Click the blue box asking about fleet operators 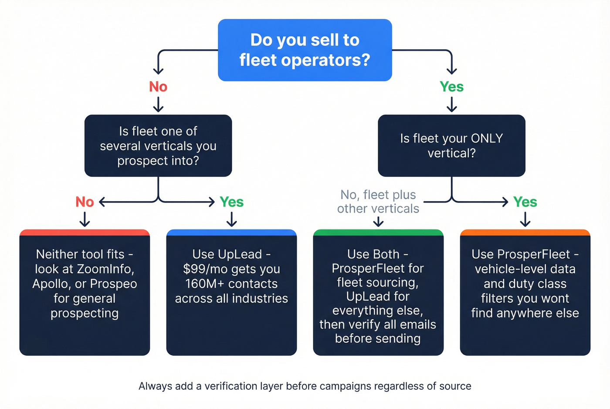pyautogui.click(x=305, y=50)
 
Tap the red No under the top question pyautogui.click(x=158, y=87)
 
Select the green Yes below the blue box pyautogui.click(x=451, y=87)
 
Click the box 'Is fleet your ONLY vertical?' pyautogui.click(x=451, y=145)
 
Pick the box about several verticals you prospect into pyautogui.click(x=158, y=145)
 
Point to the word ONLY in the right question pyautogui.click(x=487, y=139)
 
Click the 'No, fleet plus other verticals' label pyautogui.click(x=378, y=202)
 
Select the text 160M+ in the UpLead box pyautogui.click(x=205, y=284)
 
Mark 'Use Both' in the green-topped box pyautogui.click(x=373, y=254)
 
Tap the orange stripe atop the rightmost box pyautogui.click(x=525, y=233)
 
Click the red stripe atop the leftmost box pyautogui.click(x=85, y=233)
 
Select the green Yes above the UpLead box pyautogui.click(x=231, y=202)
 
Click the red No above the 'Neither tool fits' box pyautogui.click(x=85, y=202)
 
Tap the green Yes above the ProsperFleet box pyautogui.click(x=525, y=202)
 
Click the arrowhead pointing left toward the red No pyautogui.click(x=102, y=202)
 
